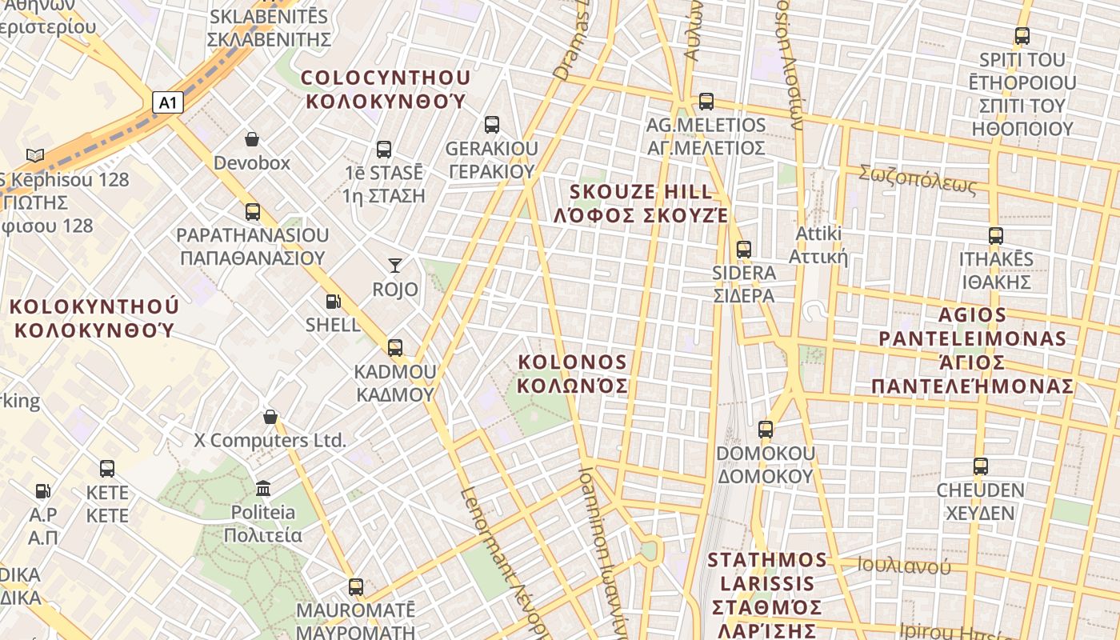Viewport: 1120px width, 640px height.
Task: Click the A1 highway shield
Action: coord(167,102)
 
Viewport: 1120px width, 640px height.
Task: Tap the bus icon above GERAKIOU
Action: coord(492,125)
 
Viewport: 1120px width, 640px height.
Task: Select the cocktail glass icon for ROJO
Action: coord(394,265)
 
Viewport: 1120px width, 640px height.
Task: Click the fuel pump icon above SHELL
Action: coord(333,302)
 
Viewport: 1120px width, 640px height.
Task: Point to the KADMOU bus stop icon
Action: coord(394,348)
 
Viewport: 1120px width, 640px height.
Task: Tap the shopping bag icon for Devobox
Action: coord(252,139)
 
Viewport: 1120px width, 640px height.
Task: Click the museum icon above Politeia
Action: coord(263,487)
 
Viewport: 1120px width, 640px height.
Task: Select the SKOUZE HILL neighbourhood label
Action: coord(641,203)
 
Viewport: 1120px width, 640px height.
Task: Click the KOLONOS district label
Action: coord(572,374)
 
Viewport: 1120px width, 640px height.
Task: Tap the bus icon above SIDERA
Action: coord(744,249)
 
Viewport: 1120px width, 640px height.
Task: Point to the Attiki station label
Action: coord(818,245)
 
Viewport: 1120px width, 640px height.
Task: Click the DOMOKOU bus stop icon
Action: coord(766,430)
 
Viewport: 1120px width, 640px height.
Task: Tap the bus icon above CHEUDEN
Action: coord(981,466)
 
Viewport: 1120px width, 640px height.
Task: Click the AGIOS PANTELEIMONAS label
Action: coord(973,350)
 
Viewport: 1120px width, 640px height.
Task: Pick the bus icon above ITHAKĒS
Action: coord(996,236)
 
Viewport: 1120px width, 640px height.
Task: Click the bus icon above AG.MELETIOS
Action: coord(706,102)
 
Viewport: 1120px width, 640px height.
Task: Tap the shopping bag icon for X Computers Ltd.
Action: coord(270,417)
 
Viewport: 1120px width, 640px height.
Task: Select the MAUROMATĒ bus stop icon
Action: coord(356,587)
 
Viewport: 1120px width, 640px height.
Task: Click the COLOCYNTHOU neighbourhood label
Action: coord(386,89)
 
